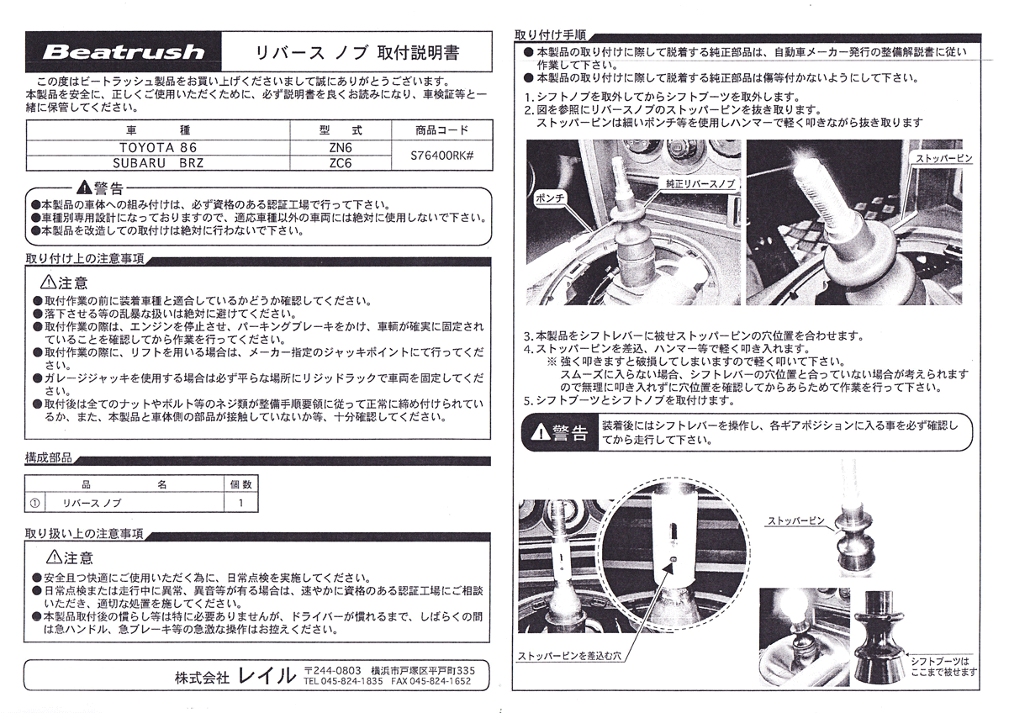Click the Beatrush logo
[x=123, y=51]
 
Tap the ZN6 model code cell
[x=341, y=146]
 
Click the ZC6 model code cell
[x=341, y=163]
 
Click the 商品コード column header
[x=441, y=130]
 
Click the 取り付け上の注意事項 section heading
[x=84, y=258]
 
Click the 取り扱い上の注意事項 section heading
[x=84, y=534]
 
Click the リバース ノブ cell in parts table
[x=92, y=503]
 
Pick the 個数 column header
[x=240, y=485]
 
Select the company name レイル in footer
[x=267, y=675]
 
